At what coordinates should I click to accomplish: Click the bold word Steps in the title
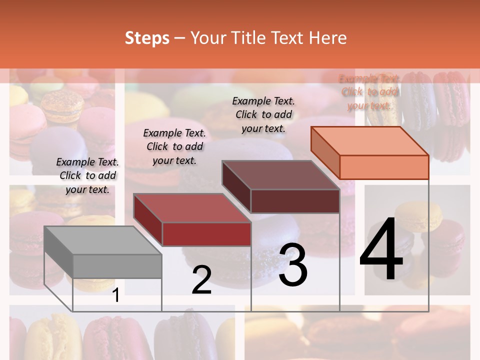pos(147,38)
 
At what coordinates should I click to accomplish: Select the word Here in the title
pos(327,38)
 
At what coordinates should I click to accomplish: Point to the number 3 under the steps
pos(293,265)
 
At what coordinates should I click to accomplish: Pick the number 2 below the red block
pos(201,280)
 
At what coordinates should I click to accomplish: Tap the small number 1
pos(116,295)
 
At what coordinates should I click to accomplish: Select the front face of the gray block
pos(117,266)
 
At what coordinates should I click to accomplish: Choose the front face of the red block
pos(206,234)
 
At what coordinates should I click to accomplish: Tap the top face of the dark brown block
pos(280,175)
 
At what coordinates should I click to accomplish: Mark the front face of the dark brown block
pos(295,201)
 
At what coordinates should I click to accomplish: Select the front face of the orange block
pos(384,167)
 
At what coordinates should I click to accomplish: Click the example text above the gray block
pos(87,176)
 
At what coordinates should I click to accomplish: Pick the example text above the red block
pos(174,146)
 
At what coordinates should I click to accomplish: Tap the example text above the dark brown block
pos(263,114)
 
